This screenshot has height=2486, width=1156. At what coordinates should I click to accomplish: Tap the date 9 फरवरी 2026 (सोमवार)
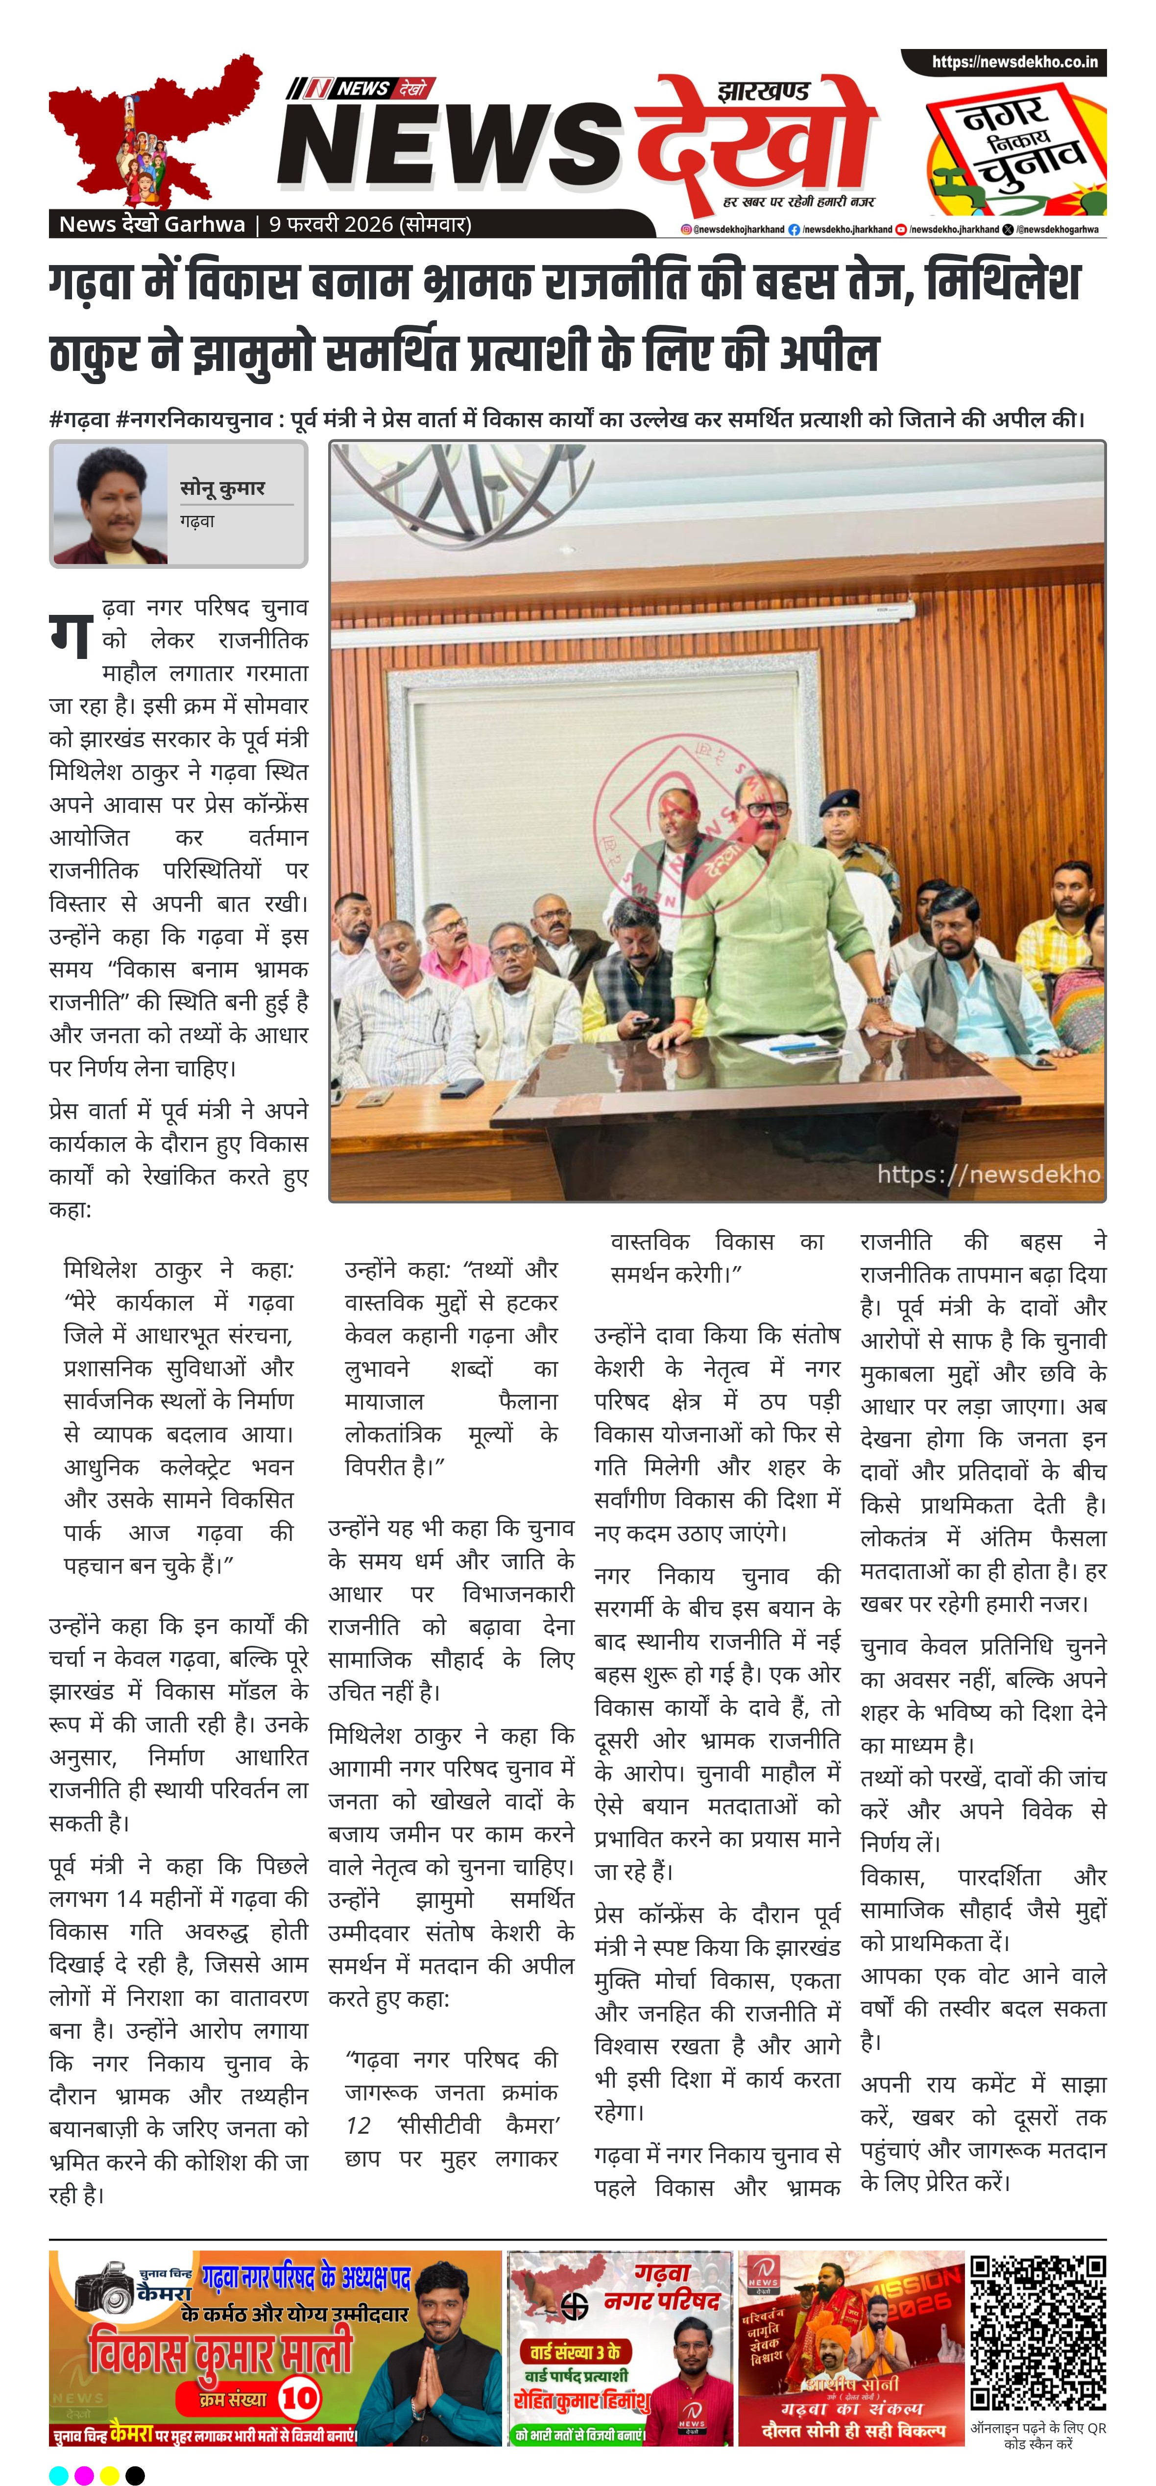369,224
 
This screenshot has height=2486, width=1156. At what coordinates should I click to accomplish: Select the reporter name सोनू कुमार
222,488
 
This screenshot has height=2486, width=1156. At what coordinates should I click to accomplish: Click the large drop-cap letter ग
72,635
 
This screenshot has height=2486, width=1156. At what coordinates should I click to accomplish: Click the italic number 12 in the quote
358,2125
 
